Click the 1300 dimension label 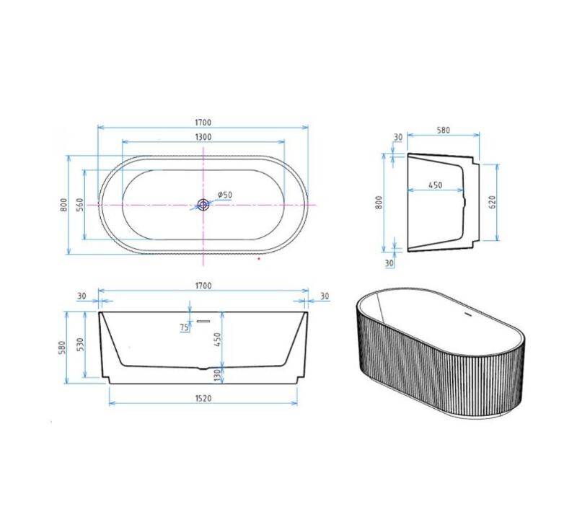tap(203, 137)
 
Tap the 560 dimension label tap(80, 205)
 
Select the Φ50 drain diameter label tap(224, 195)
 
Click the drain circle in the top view tap(203, 205)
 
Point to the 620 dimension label tap(492, 202)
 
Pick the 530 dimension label tap(81, 344)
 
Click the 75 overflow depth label tap(185, 327)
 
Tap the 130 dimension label tap(217, 375)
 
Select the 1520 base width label tap(203, 398)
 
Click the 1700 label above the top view tap(203, 122)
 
